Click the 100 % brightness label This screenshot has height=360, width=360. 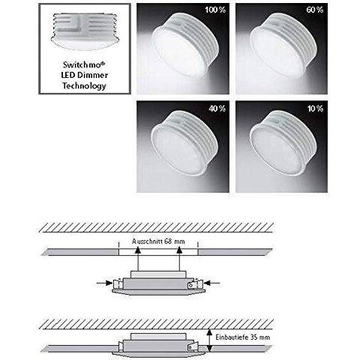pos(215,10)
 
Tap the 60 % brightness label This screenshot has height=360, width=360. pos(315,10)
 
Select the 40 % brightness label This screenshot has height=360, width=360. pos(217,109)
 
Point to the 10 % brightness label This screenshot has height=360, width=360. pos(315,109)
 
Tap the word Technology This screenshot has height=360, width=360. pos(84,85)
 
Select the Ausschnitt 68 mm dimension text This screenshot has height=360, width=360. pos(158,241)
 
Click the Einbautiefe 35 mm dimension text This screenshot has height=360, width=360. pos(243,337)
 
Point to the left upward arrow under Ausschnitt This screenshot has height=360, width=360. pos(137,259)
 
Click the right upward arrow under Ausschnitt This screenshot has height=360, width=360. pos(179,259)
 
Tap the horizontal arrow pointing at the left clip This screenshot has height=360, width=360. pos(104,283)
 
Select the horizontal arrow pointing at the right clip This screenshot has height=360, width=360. pos(212,283)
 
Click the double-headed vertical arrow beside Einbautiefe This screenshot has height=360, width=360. pos(210,340)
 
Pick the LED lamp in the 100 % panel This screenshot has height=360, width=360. pos(186,44)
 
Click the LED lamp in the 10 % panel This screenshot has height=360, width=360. pos(283,143)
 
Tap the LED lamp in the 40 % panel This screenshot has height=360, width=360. pos(185,143)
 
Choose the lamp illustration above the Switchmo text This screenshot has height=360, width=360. pos(85,31)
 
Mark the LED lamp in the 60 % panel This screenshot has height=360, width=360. pos(284,44)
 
